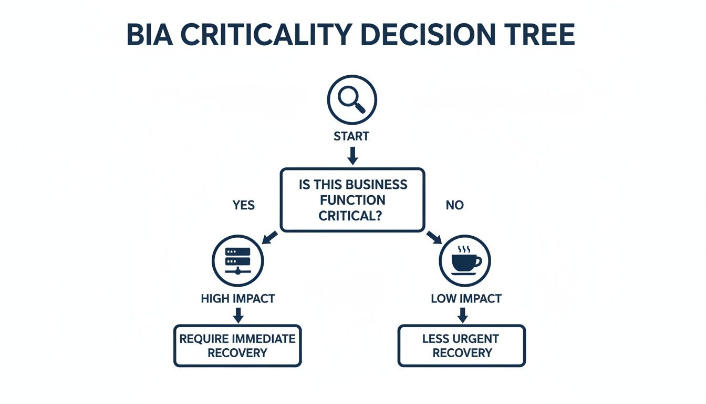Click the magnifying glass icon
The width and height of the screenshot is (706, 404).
[352, 99]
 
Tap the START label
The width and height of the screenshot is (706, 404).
[351, 136]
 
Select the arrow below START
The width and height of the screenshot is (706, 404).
[352, 155]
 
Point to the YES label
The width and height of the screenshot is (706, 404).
[243, 205]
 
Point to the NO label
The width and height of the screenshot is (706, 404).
[454, 205]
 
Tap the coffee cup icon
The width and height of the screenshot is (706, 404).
[464, 260]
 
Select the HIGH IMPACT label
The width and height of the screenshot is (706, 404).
[237, 299]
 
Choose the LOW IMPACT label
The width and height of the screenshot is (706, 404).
[466, 299]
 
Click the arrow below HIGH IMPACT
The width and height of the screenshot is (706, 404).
[238, 315]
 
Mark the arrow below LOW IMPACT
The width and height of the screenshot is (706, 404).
[462, 315]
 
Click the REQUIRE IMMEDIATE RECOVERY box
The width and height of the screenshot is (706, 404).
[237, 346]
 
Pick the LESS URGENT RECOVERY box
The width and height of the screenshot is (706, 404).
[462, 346]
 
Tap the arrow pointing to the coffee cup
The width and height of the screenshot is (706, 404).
[434, 237]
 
